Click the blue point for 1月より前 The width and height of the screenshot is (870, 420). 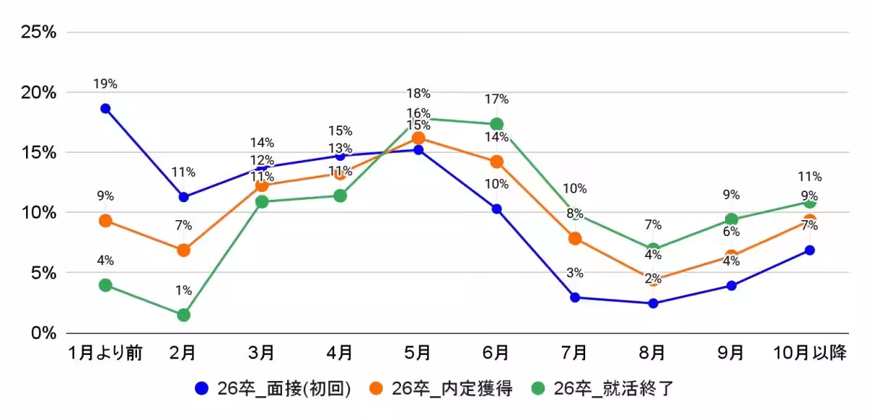click(105, 109)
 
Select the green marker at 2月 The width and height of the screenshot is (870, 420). click(183, 315)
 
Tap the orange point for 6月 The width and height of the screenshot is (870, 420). click(497, 161)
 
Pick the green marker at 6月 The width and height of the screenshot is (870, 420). click(497, 125)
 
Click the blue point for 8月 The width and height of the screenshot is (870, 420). click(653, 303)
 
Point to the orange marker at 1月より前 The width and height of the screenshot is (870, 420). click(105, 221)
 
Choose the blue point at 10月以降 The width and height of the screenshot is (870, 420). click(810, 251)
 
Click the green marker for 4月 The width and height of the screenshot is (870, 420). click(340, 196)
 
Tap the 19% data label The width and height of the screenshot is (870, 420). click(105, 84)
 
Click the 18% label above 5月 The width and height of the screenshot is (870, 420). click(418, 93)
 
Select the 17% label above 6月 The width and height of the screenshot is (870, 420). click(497, 100)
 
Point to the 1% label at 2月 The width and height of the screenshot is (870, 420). click(183, 291)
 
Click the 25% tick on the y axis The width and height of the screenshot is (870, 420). click(40, 32)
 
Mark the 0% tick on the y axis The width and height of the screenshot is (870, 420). click(44, 333)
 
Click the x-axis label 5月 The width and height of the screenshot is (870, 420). click(418, 353)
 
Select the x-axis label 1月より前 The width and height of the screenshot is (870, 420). click(105, 353)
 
